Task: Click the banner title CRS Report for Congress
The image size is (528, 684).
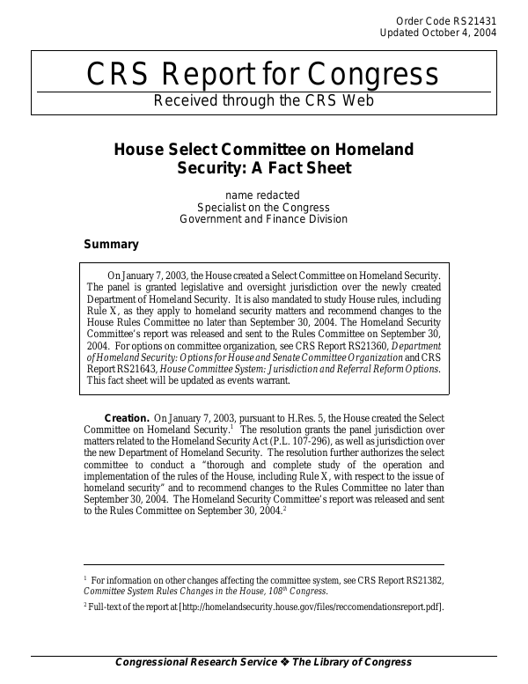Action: pos(263,75)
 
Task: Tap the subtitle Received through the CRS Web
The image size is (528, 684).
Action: pos(263,100)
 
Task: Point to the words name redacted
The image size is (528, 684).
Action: pos(263,195)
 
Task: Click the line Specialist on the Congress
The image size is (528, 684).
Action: pos(263,207)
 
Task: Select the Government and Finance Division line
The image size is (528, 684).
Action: pos(263,219)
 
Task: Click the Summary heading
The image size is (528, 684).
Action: pos(111,244)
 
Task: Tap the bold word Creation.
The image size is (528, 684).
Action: pos(126,417)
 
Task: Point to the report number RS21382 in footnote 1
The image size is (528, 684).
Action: pos(416,580)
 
